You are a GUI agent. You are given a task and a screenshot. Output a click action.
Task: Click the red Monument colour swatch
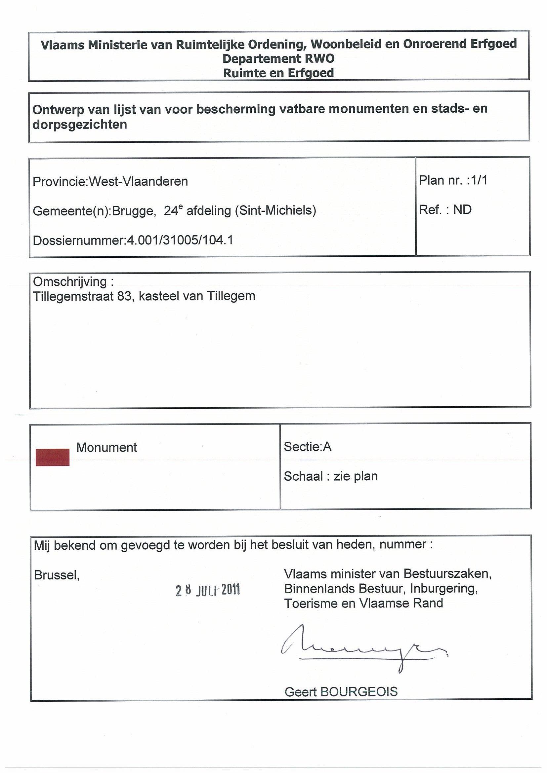[x=53, y=457]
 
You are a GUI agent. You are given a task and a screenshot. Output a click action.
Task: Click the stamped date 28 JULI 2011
[x=208, y=590]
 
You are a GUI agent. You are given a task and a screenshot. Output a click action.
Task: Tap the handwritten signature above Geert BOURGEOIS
[x=364, y=646]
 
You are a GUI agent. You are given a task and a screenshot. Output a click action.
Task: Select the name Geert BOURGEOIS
[x=341, y=692]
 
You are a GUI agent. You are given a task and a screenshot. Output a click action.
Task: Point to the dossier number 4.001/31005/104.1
[x=180, y=240]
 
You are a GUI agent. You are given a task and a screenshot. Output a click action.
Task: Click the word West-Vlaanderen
[x=138, y=182]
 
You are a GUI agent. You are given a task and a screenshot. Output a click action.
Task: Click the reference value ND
[x=462, y=210]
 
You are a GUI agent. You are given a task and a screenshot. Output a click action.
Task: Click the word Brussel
[x=56, y=575]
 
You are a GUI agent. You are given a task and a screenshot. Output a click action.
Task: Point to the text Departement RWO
[x=278, y=59]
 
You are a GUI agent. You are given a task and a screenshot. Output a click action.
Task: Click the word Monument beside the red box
[x=106, y=447]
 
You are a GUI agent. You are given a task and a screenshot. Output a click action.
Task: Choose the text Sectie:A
[x=307, y=447]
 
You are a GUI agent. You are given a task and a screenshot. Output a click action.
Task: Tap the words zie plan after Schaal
[x=356, y=476]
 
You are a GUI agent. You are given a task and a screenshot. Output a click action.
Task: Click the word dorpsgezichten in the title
[x=80, y=125]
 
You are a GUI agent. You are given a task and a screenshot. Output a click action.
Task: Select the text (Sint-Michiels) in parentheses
[x=275, y=210]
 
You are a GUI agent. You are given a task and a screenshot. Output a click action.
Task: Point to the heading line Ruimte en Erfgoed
[x=278, y=73]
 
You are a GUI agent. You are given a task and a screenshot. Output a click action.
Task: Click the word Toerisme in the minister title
[x=311, y=603]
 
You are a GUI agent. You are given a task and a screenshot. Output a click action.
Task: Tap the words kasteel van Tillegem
[x=197, y=296]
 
